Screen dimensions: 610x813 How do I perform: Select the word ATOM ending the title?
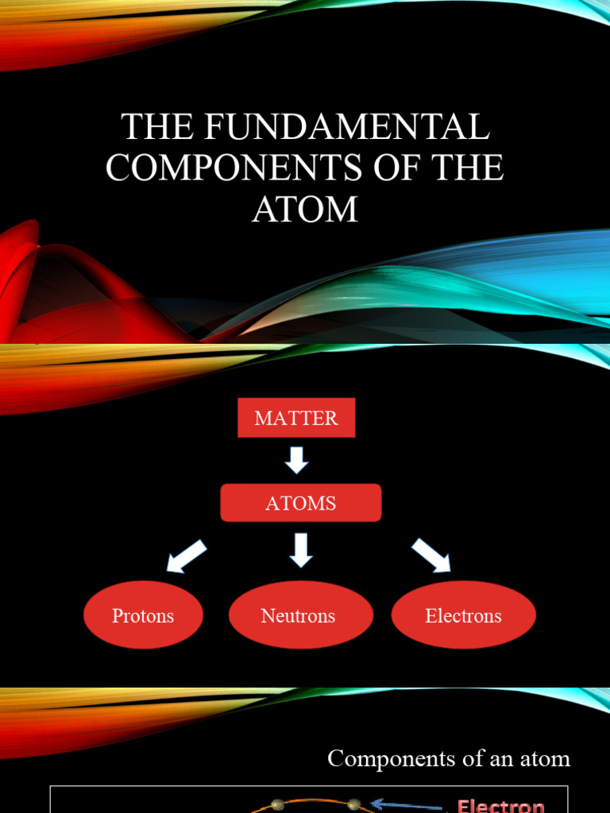tap(305, 210)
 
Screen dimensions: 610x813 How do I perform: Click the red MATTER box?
tap(296, 418)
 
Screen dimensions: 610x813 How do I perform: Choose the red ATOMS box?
tap(301, 503)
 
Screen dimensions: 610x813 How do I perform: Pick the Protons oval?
tap(143, 615)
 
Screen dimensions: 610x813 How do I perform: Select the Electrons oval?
tap(463, 615)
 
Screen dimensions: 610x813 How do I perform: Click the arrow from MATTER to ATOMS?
tap(296, 460)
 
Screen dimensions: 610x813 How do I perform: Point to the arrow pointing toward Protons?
tap(187, 556)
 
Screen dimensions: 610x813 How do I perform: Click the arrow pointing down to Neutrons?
tap(300, 549)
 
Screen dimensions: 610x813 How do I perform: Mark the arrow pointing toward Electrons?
tap(430, 555)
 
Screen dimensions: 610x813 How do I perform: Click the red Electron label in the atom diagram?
tap(500, 804)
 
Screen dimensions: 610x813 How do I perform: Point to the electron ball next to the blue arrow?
tap(354, 804)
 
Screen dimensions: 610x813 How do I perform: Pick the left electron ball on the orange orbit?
tap(277, 805)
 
